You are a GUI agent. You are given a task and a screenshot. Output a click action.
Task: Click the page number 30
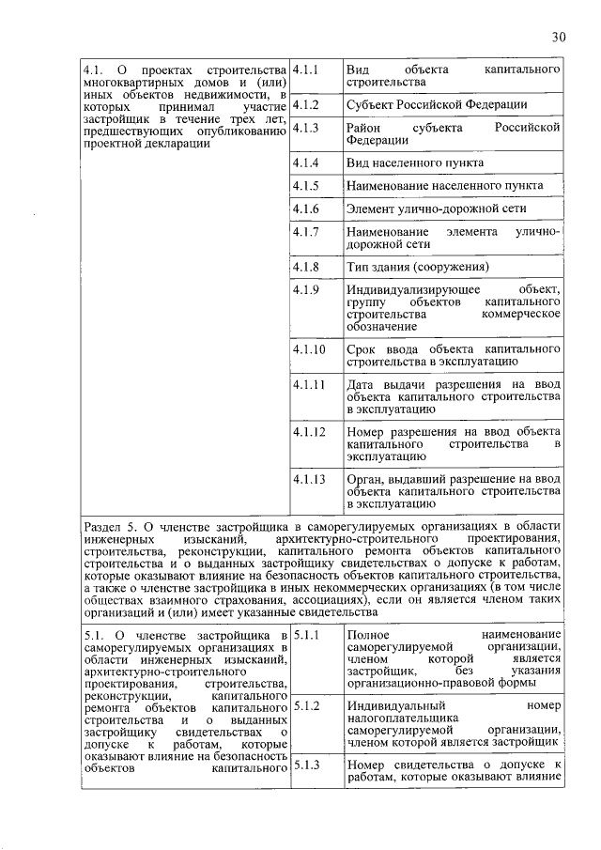(560, 37)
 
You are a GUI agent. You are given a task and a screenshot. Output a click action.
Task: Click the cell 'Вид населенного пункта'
(415, 162)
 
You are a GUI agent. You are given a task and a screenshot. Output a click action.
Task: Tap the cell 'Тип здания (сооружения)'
(418, 267)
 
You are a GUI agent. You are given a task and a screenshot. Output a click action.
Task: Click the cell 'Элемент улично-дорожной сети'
(436, 208)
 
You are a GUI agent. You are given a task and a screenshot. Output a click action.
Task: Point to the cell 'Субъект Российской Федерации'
(437, 105)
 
